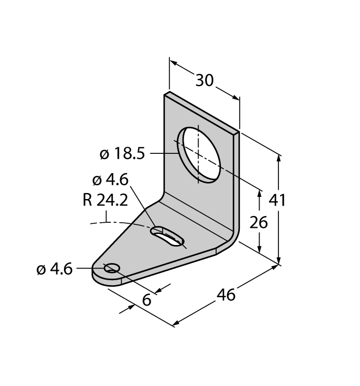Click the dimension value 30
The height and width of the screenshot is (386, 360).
tap(204, 80)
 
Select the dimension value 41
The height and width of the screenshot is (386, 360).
tap(277, 200)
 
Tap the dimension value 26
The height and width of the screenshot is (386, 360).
tap(259, 222)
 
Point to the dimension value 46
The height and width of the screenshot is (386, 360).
tap(226, 294)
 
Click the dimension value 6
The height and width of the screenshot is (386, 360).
tap(147, 300)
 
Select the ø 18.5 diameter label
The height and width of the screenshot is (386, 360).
tap(122, 154)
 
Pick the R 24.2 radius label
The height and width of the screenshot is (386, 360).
tap(105, 200)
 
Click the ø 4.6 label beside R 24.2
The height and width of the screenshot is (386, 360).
tap(110, 180)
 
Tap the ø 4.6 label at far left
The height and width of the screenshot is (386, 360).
tap(55, 269)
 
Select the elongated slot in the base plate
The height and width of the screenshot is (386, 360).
tap(167, 236)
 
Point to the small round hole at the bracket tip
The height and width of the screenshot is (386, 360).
tap(112, 267)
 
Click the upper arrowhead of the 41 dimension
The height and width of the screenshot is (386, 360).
tap(278, 158)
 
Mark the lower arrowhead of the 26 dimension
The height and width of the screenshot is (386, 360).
tap(259, 248)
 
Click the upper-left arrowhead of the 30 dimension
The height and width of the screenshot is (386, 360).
tap(174, 63)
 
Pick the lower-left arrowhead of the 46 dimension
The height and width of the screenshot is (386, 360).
tap(176, 323)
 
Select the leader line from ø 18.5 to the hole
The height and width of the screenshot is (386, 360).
tap(165, 154)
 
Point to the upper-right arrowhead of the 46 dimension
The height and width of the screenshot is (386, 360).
tap(274, 267)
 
